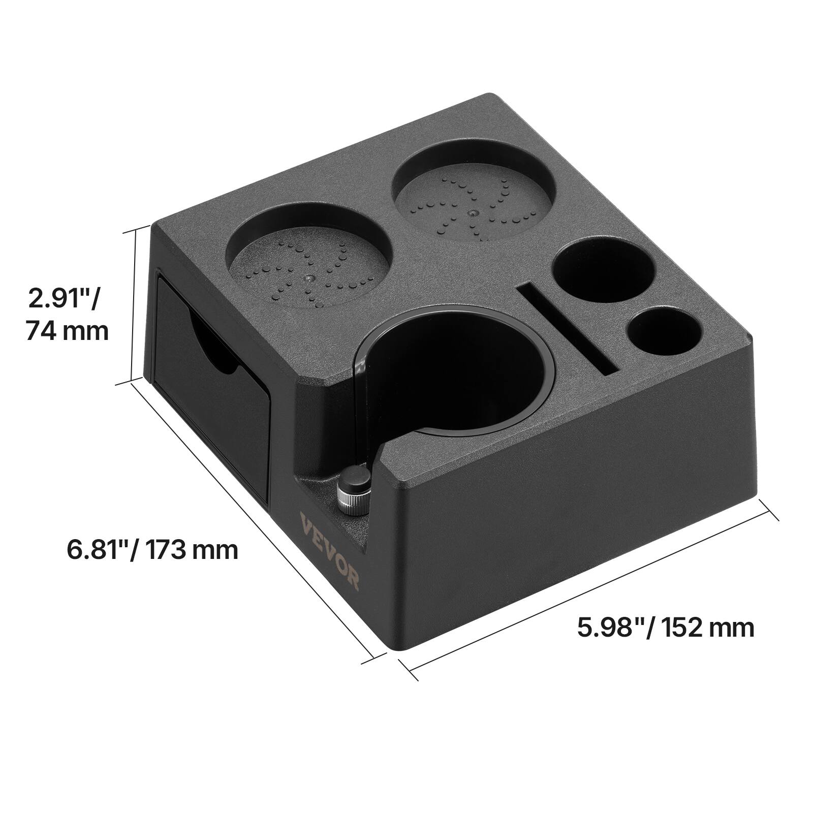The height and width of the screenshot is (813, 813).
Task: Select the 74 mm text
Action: pos(67,331)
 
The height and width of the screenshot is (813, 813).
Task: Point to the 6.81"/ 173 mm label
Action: pos(152,549)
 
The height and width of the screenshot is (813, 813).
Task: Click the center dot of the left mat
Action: pos(308,278)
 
